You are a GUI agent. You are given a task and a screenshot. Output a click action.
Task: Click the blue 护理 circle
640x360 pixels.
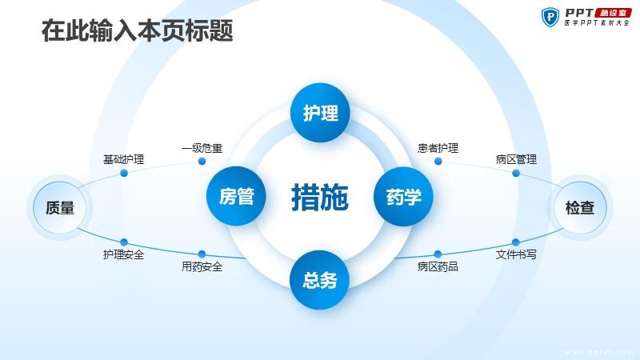click(320, 113)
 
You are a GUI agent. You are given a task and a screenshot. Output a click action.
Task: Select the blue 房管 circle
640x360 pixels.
click(236, 196)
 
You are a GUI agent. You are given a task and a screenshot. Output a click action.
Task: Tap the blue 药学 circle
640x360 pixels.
click(403, 196)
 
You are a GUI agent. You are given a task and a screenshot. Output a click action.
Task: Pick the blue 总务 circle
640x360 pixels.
click(319, 279)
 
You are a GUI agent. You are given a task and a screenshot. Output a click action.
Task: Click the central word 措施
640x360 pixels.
click(320, 197)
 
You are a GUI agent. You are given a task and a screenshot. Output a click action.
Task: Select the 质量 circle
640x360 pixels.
click(59, 208)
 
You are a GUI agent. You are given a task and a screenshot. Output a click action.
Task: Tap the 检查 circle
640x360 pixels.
click(580, 208)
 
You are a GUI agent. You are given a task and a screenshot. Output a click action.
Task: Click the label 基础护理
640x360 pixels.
click(124, 159)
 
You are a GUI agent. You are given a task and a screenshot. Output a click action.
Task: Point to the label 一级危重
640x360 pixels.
click(202, 148)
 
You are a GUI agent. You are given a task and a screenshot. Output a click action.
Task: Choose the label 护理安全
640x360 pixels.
click(124, 254)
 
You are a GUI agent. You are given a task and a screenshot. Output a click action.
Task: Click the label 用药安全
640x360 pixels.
click(202, 266)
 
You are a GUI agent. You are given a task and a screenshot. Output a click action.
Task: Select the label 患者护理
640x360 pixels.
click(438, 148)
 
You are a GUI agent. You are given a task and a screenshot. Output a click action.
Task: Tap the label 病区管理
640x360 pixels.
click(516, 159)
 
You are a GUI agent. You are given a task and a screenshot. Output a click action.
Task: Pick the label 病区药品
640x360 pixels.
click(438, 266)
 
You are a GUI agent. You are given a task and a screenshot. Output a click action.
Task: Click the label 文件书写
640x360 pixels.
click(516, 254)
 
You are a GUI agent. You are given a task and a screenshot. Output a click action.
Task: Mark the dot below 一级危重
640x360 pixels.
click(202, 162)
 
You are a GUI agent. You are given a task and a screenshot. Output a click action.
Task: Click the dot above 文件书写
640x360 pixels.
click(516, 242)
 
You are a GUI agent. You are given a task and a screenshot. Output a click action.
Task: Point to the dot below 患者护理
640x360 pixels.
click(438, 162)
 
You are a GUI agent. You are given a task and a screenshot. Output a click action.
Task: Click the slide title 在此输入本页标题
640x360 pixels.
click(137, 30)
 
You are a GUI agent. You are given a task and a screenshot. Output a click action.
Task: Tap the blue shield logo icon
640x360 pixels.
click(550, 17)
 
